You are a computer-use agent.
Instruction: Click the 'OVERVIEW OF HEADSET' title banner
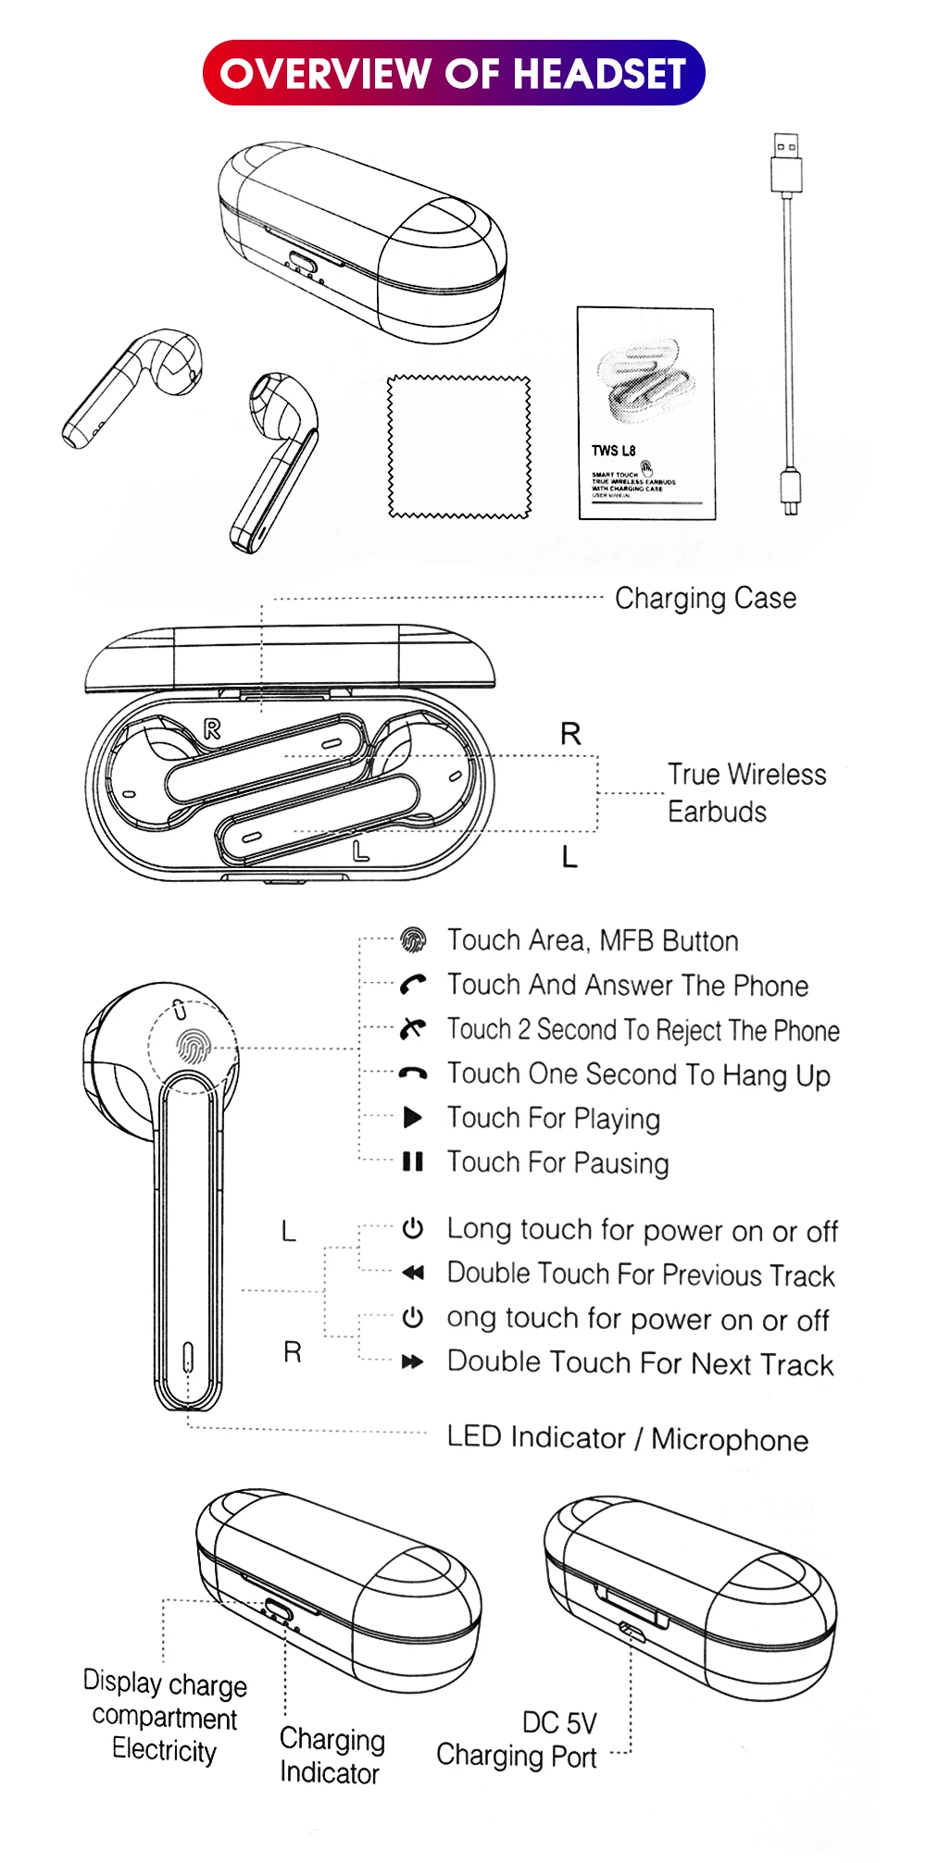point(454,73)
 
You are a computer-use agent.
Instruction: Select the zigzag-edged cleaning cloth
point(459,446)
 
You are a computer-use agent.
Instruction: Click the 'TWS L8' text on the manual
point(614,451)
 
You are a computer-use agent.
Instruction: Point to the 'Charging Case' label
point(706,599)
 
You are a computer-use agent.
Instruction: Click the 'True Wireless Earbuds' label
point(746,793)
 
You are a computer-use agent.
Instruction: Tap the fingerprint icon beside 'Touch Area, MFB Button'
point(413,940)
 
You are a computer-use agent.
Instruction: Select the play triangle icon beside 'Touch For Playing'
point(413,1118)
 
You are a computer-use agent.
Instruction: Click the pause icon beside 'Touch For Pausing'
point(413,1161)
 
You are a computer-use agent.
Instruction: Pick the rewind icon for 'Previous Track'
point(413,1273)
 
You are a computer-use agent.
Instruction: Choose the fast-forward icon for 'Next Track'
point(413,1362)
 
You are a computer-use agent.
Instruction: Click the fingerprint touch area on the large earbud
point(194,1046)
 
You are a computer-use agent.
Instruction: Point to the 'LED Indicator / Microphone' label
point(628,1438)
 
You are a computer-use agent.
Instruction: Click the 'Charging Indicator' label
point(332,1756)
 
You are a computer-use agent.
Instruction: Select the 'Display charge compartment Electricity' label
point(165,1718)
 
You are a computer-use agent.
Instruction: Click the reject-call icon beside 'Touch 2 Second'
point(413,1028)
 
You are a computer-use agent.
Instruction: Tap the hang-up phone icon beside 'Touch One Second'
point(413,1074)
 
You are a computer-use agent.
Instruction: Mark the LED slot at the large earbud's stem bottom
point(188,1357)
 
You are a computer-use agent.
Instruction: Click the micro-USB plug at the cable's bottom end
point(790,491)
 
